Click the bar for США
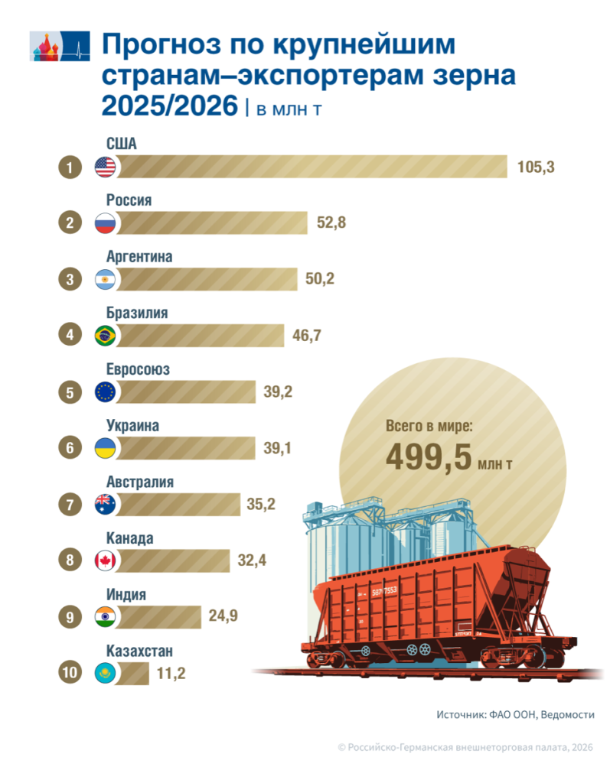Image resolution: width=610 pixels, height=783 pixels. pos(311,166)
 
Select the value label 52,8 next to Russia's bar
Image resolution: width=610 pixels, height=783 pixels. pos(331,223)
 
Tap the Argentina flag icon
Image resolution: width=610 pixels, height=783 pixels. pos(105,279)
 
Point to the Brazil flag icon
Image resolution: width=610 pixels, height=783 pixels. pos(105,335)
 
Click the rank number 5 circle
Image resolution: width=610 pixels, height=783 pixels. pos(70,392)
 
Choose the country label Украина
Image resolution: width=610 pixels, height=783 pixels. pos(132,426)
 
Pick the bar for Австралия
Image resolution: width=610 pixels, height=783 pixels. pos(178,505)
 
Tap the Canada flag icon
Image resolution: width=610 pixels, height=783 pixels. pos(105,560)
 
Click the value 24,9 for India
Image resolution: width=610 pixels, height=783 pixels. pos(223,616)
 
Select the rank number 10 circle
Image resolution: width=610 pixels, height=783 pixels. pos(70,673)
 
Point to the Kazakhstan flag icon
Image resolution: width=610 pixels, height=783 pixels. pos(105,673)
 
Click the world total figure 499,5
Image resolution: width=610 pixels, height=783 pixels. pos(429,457)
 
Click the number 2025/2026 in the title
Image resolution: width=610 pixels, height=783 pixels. pos(169,106)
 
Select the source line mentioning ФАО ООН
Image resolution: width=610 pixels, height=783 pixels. pos(516,715)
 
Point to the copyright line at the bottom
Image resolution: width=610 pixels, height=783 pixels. pos(465,748)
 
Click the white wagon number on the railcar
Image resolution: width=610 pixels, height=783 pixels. pos(384,592)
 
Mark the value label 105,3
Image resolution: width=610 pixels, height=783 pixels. pos(536,167)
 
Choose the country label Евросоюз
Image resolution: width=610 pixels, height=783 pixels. pos(138,369)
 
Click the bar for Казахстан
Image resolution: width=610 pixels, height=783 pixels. pos(132,673)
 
